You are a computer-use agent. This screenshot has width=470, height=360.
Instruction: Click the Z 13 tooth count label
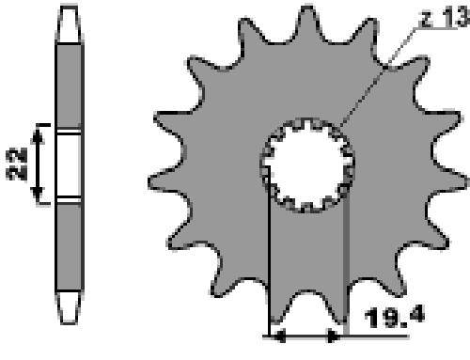445,18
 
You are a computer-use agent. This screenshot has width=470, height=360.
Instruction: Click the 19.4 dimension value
395,317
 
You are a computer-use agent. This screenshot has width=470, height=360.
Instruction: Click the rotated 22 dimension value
16,164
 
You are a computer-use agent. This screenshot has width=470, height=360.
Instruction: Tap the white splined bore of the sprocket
307,164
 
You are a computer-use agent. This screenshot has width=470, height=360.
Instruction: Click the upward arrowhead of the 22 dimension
38,136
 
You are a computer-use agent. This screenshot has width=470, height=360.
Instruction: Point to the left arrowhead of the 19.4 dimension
278,337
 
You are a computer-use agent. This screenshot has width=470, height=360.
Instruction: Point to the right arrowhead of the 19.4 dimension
334,337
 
